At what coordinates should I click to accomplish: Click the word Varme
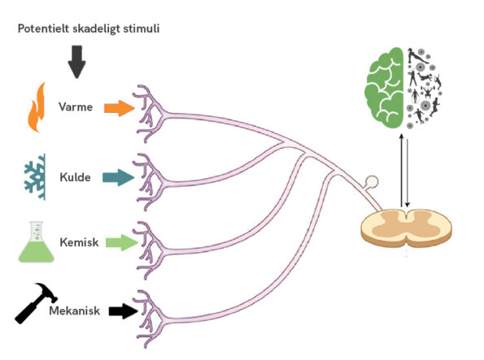[76, 107]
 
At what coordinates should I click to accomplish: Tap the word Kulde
[75, 177]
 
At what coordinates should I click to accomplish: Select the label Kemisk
[80, 242]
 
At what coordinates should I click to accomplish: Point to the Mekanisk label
[74, 310]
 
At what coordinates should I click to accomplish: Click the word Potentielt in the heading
[44, 28]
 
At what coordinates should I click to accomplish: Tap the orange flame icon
[37, 107]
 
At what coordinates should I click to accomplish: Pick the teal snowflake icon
[36, 177]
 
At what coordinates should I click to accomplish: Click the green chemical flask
[37, 242]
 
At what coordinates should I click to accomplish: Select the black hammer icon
[36, 303]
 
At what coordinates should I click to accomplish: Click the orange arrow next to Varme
[119, 108]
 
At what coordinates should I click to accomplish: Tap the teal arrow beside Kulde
[119, 177]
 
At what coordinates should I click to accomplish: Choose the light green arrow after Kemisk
[121, 243]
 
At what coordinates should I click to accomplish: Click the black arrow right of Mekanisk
[123, 311]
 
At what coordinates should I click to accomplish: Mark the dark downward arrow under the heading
[76, 62]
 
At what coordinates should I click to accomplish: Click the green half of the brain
[385, 88]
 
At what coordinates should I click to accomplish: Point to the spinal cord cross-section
[406, 228]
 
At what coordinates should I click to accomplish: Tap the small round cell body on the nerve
[371, 182]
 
